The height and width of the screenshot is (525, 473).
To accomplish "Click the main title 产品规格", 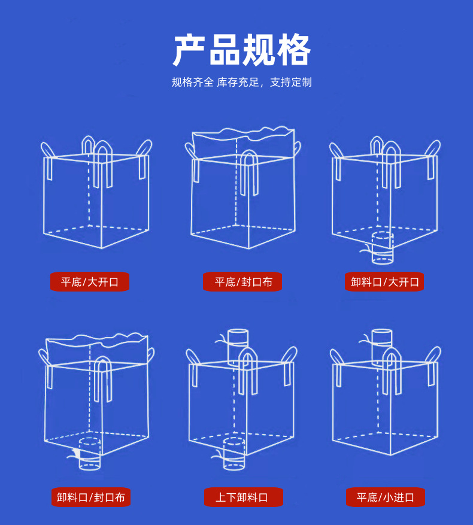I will click(x=242, y=50).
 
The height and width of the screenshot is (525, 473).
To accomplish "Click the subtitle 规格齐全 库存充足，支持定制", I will click(x=242, y=83).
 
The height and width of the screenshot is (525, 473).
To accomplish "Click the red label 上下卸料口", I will click(x=242, y=497).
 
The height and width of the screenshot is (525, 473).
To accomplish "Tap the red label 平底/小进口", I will click(x=385, y=497).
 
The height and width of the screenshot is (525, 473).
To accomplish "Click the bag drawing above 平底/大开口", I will click(x=96, y=195).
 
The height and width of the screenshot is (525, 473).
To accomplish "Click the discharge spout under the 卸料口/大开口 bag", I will click(x=383, y=248).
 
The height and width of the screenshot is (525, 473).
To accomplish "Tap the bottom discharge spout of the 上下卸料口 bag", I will click(x=234, y=453).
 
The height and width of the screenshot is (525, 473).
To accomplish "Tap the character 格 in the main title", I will click(x=294, y=50).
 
